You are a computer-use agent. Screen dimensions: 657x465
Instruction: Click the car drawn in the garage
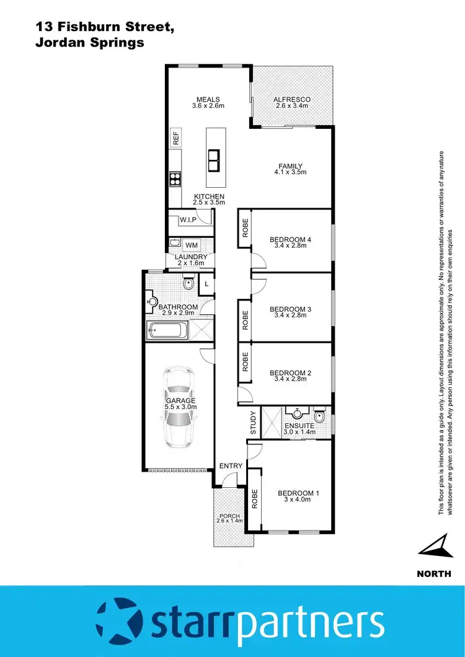click(x=179, y=407)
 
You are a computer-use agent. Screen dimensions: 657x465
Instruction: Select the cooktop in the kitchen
click(x=175, y=179)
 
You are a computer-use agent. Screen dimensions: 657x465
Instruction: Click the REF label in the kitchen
click(x=175, y=138)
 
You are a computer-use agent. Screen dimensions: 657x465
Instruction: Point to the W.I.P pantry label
click(x=188, y=220)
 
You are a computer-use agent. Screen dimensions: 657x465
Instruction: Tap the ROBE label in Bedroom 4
click(x=246, y=229)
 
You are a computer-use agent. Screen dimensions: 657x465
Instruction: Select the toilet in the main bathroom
click(x=188, y=284)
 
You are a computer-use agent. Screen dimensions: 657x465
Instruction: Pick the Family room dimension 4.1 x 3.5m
click(x=290, y=172)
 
